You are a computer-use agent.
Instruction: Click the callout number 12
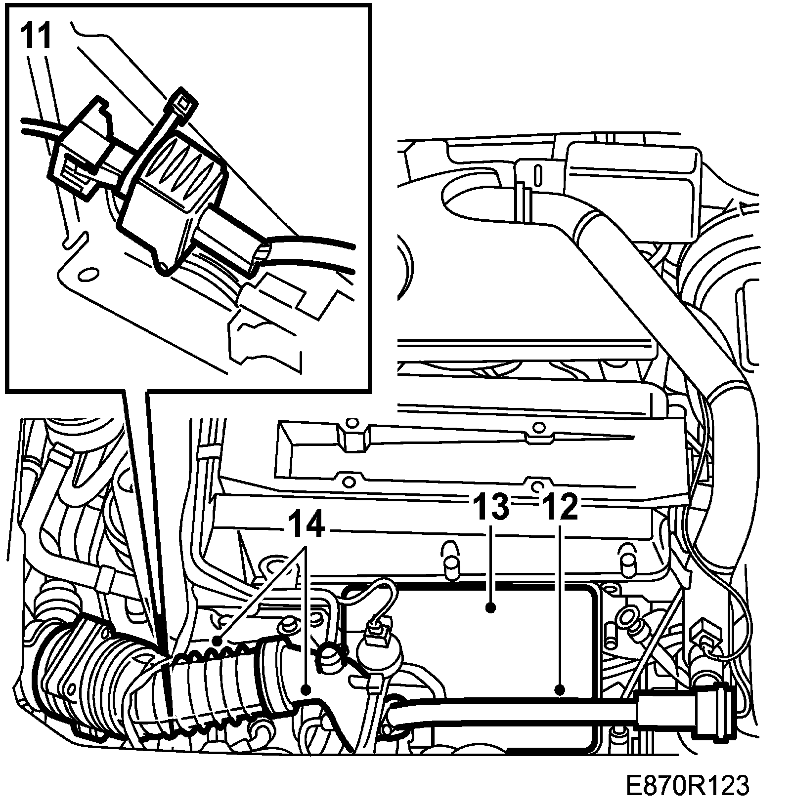tap(560, 508)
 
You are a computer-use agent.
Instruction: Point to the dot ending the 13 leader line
tap(490, 608)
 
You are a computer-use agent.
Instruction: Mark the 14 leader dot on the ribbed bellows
tap(216, 641)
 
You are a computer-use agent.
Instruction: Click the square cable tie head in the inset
tap(185, 102)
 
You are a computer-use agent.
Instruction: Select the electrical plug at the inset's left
tap(79, 148)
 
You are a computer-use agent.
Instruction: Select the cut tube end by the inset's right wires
tap(260, 257)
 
